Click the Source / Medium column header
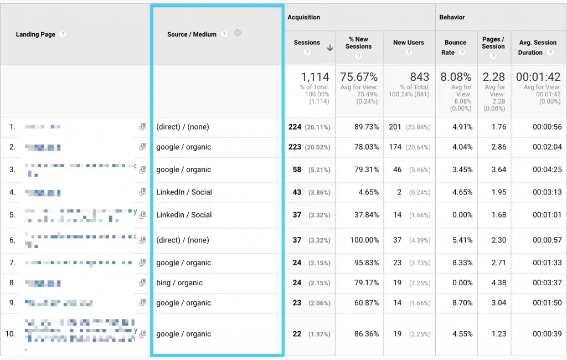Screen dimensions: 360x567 tap(192, 34)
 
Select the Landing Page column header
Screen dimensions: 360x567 tap(35, 34)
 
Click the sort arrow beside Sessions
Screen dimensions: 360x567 tap(330, 48)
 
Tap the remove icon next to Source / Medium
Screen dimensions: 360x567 tap(238, 33)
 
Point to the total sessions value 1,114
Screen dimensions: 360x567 tap(315, 77)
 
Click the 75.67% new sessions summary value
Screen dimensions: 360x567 tap(359, 77)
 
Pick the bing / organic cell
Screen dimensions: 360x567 tap(179, 283)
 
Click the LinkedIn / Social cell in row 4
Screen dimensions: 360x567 tap(184, 192)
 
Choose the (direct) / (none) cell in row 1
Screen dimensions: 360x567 tap(183, 127)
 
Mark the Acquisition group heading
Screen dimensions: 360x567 tap(303, 17)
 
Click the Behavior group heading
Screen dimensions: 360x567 tap(452, 17)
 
